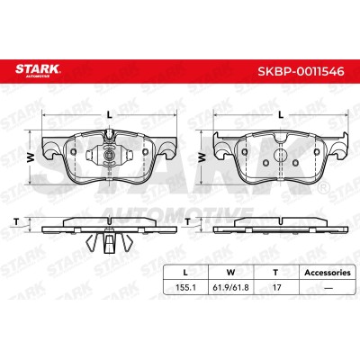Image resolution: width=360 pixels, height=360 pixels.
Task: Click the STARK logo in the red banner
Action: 38,71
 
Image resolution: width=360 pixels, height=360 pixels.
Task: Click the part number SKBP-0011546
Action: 301,71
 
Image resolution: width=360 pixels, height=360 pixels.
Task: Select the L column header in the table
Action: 185,273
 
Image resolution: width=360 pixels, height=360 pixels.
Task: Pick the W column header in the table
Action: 230,273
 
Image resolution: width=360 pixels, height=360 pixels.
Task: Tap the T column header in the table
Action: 275,273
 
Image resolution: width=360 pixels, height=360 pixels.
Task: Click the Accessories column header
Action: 328,273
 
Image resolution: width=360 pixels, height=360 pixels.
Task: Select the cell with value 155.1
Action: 185,287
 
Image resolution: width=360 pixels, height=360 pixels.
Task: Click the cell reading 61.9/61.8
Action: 230,287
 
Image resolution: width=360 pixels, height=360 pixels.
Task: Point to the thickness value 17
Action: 276,287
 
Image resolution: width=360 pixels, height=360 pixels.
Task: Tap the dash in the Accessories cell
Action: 328,288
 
